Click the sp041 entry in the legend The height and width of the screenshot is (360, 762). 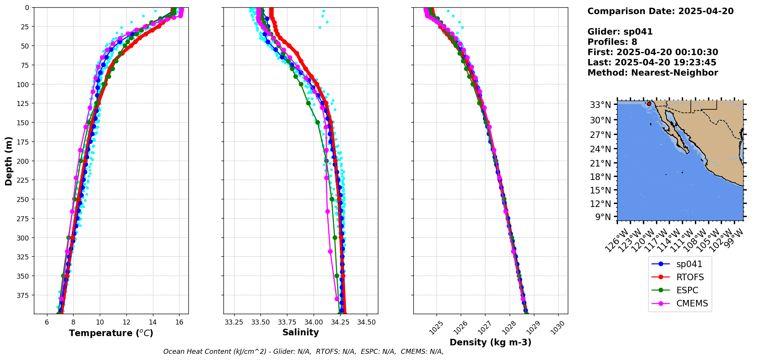click(x=689, y=264)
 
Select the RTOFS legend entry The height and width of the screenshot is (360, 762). click(x=690, y=277)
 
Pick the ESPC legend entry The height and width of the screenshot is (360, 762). click(x=687, y=290)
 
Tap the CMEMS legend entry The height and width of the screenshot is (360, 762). click(x=692, y=303)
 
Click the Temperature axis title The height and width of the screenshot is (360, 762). click(x=111, y=333)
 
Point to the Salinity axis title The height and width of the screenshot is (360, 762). click(x=300, y=332)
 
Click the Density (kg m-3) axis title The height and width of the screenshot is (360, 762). click(x=490, y=342)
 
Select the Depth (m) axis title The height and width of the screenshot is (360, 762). click(x=9, y=161)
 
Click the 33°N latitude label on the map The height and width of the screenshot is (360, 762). click(x=601, y=105)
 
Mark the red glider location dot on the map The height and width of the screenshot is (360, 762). click(x=649, y=104)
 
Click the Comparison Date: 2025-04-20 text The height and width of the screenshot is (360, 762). click(x=660, y=11)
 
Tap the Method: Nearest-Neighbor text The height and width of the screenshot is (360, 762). click(x=653, y=73)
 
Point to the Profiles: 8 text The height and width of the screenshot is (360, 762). click(x=612, y=42)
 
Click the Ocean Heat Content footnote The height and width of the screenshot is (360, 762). click(x=303, y=352)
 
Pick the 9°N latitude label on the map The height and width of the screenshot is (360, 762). click(x=603, y=217)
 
